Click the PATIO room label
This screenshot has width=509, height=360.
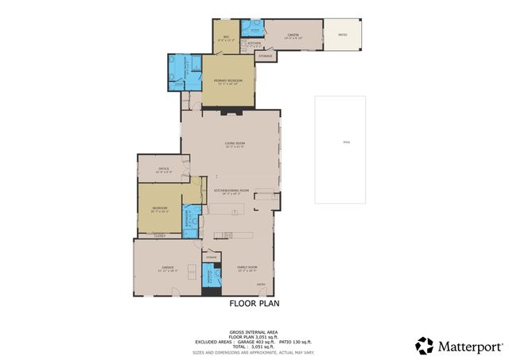(343, 34)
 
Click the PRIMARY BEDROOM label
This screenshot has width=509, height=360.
(227, 81)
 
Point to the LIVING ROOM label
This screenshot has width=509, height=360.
(234, 144)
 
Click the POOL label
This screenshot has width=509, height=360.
(346, 143)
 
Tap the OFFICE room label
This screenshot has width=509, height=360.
(165, 168)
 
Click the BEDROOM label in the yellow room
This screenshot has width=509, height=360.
(161, 209)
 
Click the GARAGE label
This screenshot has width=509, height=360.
(168, 268)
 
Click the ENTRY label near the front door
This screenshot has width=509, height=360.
(260, 284)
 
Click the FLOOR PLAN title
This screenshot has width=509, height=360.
(254, 303)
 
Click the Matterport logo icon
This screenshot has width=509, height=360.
(425, 346)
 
